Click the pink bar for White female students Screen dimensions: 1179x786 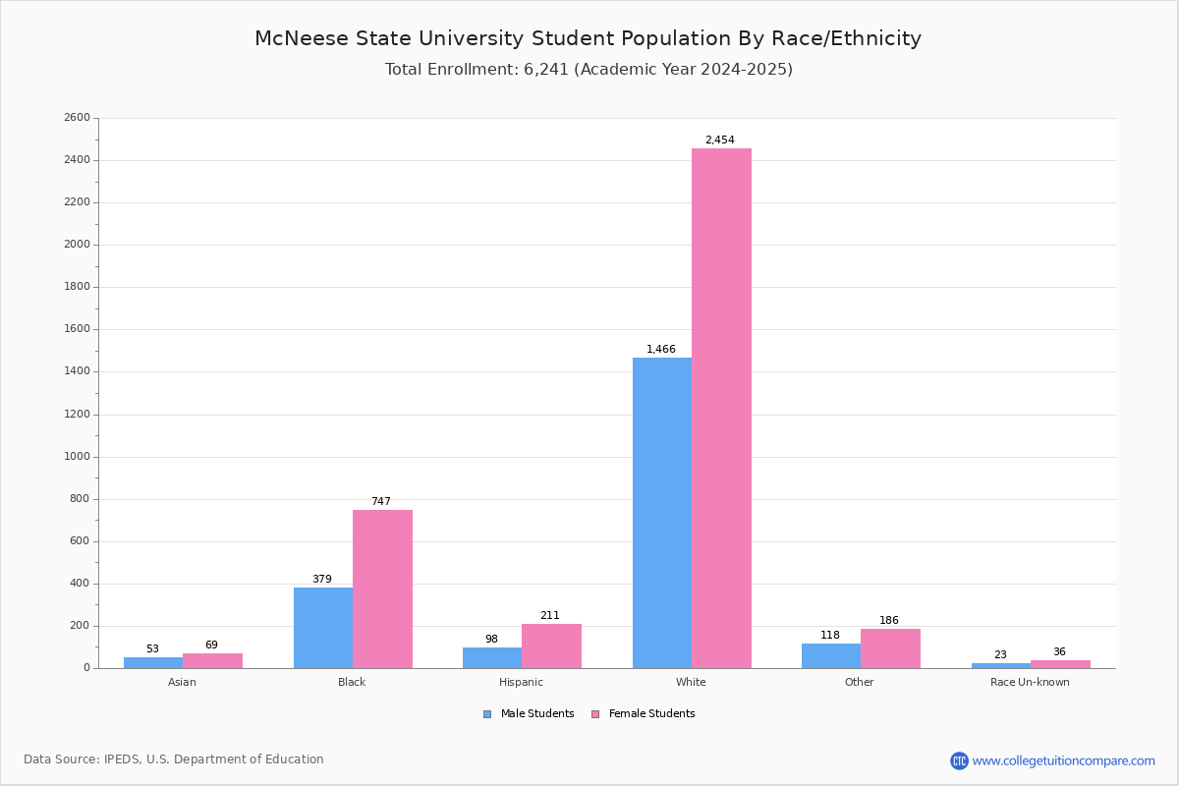pyautogui.click(x=721, y=408)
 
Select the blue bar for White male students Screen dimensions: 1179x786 pyautogui.click(x=662, y=513)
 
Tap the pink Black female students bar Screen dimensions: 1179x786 pyautogui.click(x=382, y=589)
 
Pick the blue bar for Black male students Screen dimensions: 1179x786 pyautogui.click(x=323, y=628)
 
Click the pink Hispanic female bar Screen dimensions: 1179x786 pyautogui.click(x=551, y=646)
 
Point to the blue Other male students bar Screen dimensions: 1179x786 pyautogui.click(x=831, y=656)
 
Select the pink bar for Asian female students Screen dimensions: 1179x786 pyautogui.click(x=212, y=660)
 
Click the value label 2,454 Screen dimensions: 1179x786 pyautogui.click(x=719, y=140)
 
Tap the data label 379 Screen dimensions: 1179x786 pyautogui.click(x=322, y=579)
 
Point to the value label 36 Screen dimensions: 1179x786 pyautogui.click(x=1059, y=651)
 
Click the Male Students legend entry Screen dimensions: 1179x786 pyautogui.click(x=529, y=713)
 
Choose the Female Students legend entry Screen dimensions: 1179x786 pyautogui.click(x=643, y=713)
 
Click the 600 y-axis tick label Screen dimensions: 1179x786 pyautogui.click(x=80, y=541)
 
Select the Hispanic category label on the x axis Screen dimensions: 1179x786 pyautogui.click(x=521, y=682)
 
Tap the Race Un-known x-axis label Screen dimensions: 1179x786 pyautogui.click(x=1030, y=682)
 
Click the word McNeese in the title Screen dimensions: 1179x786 pyautogui.click(x=302, y=38)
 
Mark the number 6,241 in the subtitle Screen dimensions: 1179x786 pyautogui.click(x=546, y=70)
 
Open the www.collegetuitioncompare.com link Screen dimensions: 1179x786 pyautogui.click(x=1063, y=760)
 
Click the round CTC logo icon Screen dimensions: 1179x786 pyautogui.click(x=959, y=760)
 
